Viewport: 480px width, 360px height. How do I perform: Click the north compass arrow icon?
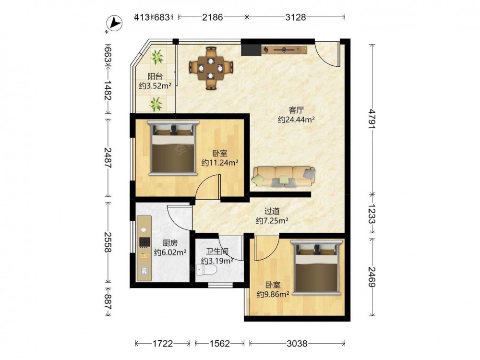[x=114, y=24]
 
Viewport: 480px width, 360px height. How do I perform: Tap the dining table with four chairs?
[x=211, y=68]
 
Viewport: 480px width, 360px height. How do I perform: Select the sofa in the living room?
[x=284, y=177]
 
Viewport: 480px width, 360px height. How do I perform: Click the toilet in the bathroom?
[x=207, y=270]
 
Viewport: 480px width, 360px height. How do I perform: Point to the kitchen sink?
[x=144, y=272]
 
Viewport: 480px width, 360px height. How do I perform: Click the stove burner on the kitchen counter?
[x=144, y=242]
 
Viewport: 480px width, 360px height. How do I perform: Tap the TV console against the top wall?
[x=284, y=49]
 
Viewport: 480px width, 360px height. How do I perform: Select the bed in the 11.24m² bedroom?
[x=173, y=148]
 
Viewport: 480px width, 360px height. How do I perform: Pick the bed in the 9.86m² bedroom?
[x=316, y=267]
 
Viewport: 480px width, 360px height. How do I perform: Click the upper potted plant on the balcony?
[x=157, y=57]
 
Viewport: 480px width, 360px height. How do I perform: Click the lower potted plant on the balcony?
[x=156, y=104]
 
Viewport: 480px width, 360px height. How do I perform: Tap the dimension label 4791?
[x=372, y=118]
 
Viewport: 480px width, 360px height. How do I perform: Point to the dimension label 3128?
[x=295, y=17]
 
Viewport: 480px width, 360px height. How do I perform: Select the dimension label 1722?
[x=163, y=344]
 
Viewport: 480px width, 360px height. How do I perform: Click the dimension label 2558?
[x=108, y=242]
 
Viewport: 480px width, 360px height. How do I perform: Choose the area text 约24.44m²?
[x=296, y=120]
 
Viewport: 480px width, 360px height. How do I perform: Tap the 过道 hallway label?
[x=272, y=211]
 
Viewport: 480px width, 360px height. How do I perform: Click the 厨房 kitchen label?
[x=170, y=243]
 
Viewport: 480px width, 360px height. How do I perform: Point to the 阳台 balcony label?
[x=155, y=76]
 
